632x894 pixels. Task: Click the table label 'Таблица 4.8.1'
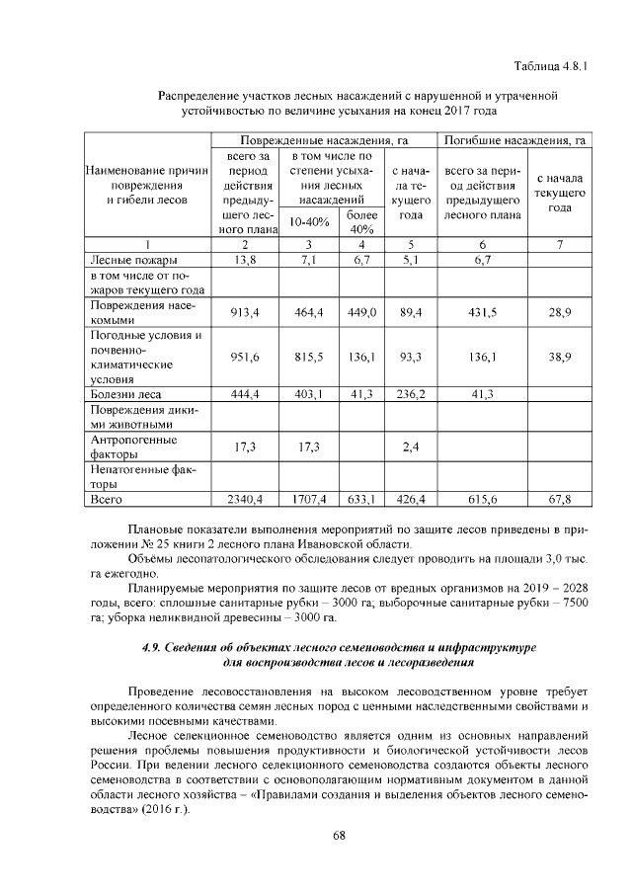coord(550,66)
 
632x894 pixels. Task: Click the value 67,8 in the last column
coord(560,499)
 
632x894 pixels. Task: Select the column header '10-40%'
coord(308,221)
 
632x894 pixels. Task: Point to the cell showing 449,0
coord(362,312)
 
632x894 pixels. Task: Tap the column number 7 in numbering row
coord(560,244)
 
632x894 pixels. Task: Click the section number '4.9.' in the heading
coord(155,647)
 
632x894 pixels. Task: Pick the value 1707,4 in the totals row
coord(309,499)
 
